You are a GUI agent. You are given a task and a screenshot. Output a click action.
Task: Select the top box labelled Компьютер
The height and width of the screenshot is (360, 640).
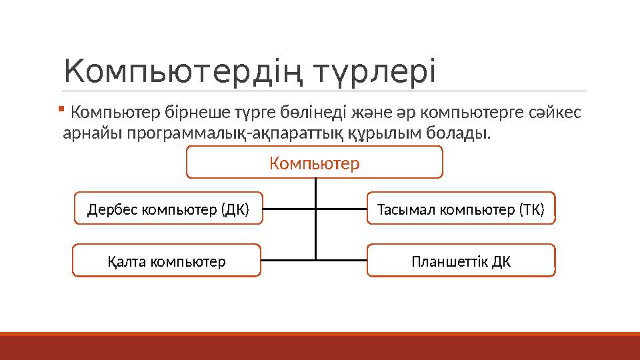pos(314,163)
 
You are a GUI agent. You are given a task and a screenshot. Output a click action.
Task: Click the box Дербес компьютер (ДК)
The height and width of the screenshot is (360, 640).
pos(168,209)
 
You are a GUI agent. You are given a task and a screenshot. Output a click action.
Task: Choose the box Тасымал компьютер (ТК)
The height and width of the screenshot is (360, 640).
pos(461,209)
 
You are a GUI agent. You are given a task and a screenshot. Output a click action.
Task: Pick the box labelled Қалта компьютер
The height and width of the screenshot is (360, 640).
pos(167,260)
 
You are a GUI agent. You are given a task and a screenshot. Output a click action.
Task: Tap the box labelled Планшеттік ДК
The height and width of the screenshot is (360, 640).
pos(461,260)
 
